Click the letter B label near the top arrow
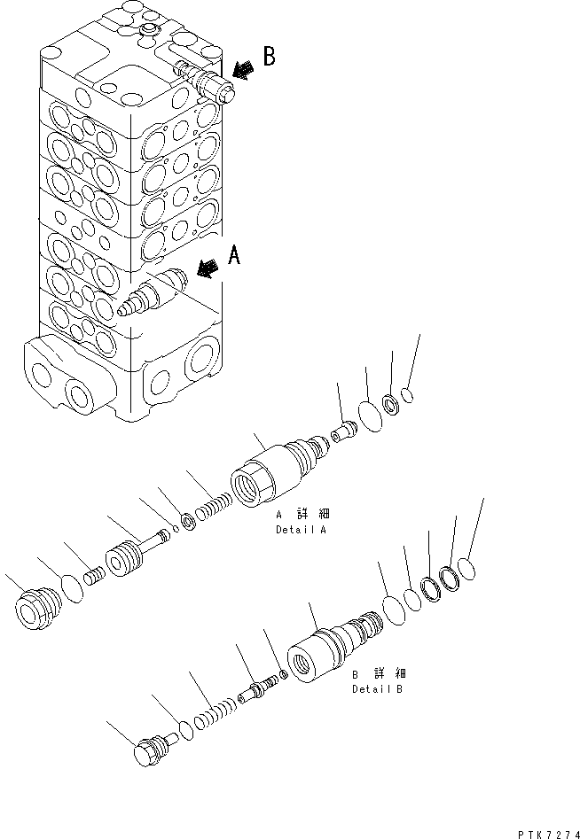coord(269,58)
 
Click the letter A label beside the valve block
coord(234,256)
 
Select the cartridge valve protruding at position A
coord(153,293)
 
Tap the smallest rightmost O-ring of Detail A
coord(408,396)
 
